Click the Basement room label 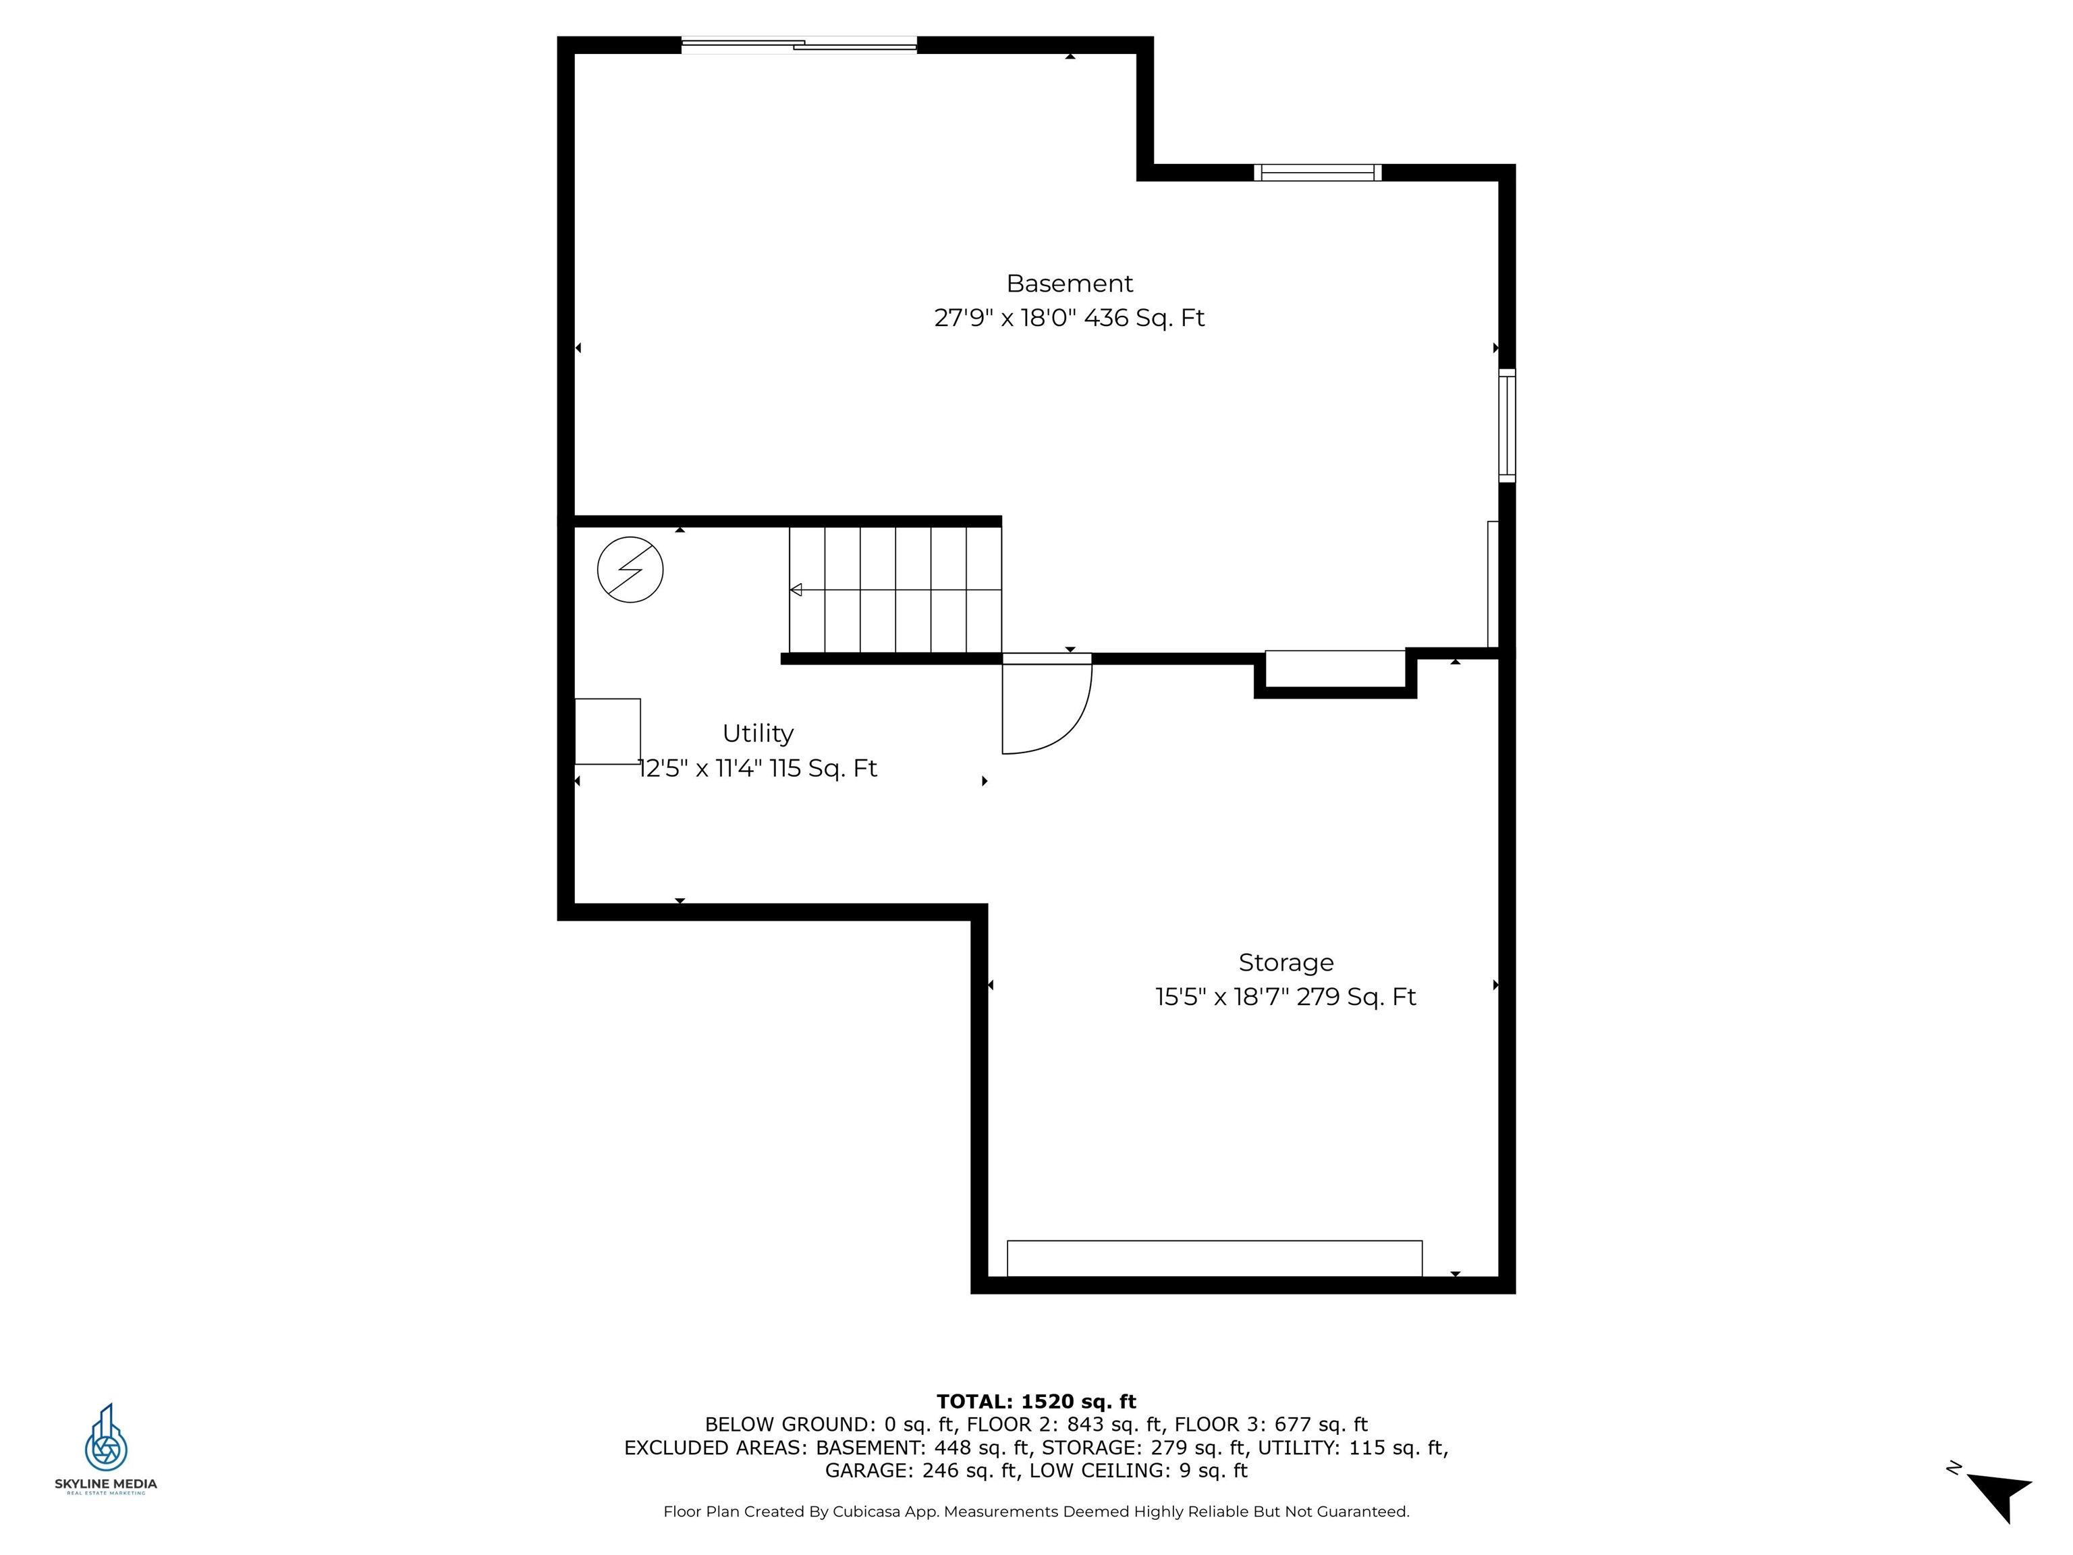[x=1070, y=283]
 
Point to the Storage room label [x=1286, y=962]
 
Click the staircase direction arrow [x=796, y=590]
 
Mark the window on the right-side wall [x=1506, y=426]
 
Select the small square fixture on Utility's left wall [x=607, y=731]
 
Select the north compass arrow [x=2001, y=1494]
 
